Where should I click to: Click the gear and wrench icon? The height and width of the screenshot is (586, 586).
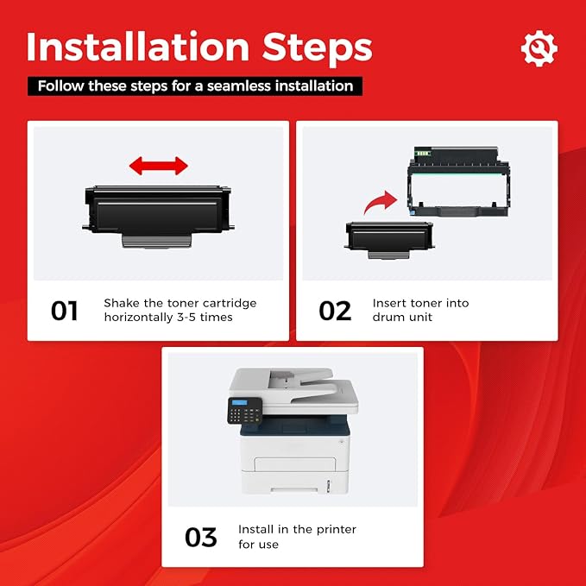coord(539,48)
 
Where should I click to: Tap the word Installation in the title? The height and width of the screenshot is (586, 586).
coord(138,47)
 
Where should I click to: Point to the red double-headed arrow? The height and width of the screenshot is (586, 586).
coord(159,166)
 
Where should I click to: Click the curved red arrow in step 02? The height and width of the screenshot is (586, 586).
coord(381,202)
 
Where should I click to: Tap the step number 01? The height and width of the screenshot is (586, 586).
coord(64,311)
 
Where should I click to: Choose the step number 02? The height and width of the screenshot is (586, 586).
coord(335,311)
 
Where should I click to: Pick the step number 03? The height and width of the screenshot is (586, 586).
coord(201,537)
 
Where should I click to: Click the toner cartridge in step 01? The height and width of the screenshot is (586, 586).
coord(159,217)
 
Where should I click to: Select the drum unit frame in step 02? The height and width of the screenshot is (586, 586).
coord(459,181)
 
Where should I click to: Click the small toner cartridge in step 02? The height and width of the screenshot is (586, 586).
coord(389,240)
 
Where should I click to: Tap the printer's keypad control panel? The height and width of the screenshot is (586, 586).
coord(245,410)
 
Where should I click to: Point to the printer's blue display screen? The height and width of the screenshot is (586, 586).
coord(239,403)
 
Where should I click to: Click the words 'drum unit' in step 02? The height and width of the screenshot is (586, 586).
coord(402,318)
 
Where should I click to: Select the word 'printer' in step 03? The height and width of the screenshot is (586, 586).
coord(336,530)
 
